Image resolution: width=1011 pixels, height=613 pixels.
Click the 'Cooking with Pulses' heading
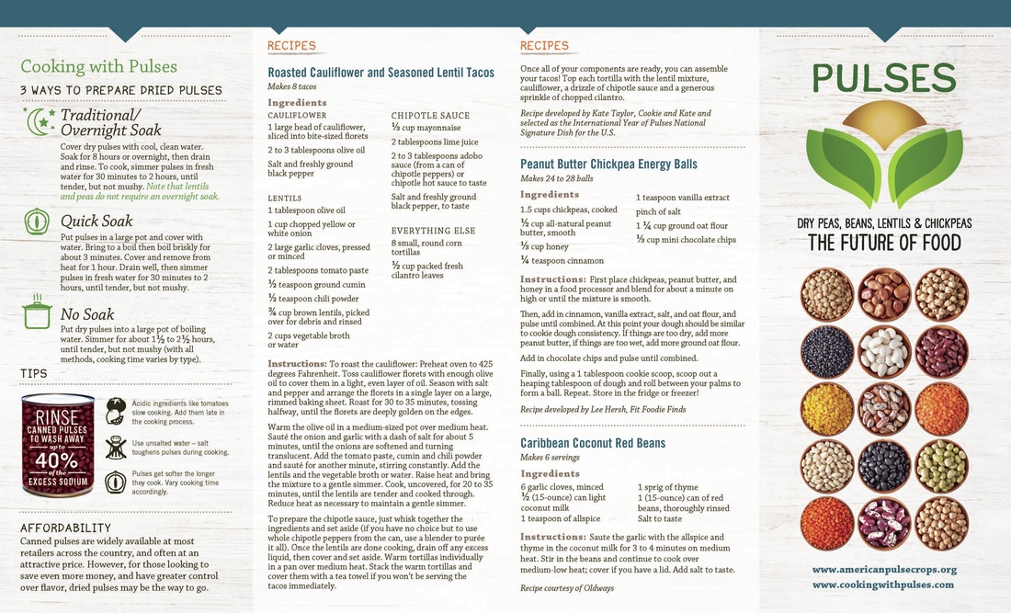pos(99,66)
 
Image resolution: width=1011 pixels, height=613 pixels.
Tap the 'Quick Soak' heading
pos(97,221)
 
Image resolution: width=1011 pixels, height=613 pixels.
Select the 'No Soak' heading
pos(86,314)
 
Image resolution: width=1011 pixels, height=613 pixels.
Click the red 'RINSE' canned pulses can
pos(58,446)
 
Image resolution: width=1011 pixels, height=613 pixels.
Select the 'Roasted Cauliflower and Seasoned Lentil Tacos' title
pos(381,73)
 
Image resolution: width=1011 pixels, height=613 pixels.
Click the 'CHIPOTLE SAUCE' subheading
pos(430,116)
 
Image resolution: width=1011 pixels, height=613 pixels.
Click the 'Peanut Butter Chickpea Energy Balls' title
pos(608,165)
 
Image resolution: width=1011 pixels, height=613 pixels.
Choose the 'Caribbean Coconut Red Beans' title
pos(593,443)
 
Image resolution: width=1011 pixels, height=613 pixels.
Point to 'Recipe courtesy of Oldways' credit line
pos(567,587)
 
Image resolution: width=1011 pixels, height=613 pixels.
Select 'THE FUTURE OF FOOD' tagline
pos(884,243)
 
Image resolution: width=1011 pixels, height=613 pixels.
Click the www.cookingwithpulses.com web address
pos(883,585)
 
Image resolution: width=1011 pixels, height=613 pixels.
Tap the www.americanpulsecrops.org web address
pos(884,570)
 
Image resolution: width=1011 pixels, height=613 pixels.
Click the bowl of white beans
pos(884,352)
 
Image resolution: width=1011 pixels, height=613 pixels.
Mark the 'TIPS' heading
pos(34,373)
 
